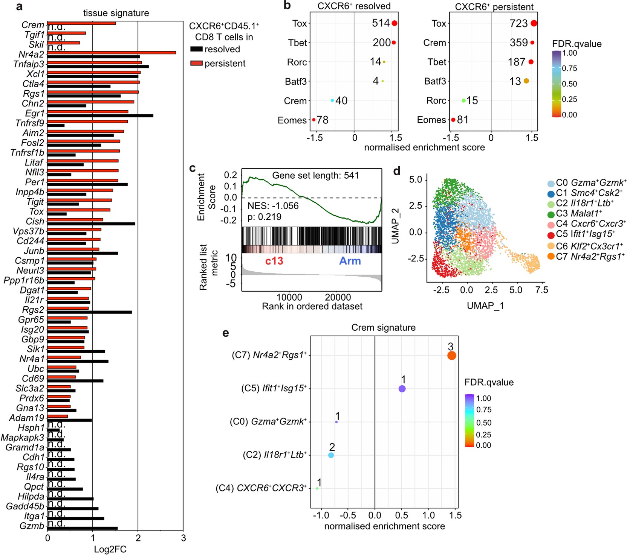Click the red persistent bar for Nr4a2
[x=112, y=53]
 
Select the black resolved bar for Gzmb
[x=83, y=528]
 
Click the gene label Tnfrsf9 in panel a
[x=30, y=123]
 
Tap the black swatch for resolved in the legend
[x=196, y=49]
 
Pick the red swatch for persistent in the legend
[x=196, y=63]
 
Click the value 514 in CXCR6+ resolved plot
[x=381, y=23]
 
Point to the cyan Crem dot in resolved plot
[x=332, y=100]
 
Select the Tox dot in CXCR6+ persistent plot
[x=534, y=23]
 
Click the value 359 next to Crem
[x=518, y=43]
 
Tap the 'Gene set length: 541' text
[x=315, y=175]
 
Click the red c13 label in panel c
[x=274, y=261]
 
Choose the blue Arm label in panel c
[x=350, y=261]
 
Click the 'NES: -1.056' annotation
[x=273, y=206]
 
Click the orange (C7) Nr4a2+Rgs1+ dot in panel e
[x=452, y=356]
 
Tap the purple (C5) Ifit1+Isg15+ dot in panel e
[x=402, y=389]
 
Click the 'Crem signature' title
[x=383, y=327]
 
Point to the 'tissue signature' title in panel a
[x=116, y=13]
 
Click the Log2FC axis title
[x=110, y=549]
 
